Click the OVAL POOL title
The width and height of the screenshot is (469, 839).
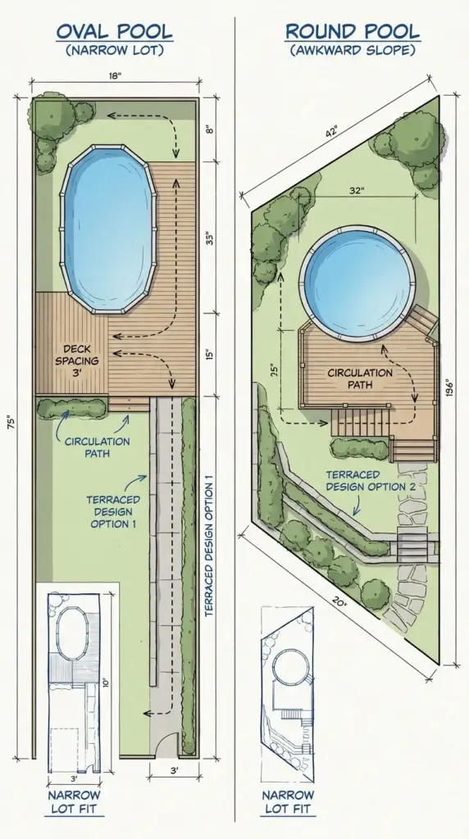click(x=114, y=32)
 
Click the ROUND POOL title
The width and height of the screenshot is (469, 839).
click(x=352, y=32)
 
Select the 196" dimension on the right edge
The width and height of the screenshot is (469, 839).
click(x=447, y=385)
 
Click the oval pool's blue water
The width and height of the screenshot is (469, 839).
click(x=108, y=229)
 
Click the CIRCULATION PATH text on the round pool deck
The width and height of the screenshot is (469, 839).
click(x=361, y=379)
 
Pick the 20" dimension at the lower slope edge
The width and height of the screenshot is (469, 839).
click(x=339, y=604)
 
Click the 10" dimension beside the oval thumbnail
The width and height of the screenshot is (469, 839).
click(x=106, y=683)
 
